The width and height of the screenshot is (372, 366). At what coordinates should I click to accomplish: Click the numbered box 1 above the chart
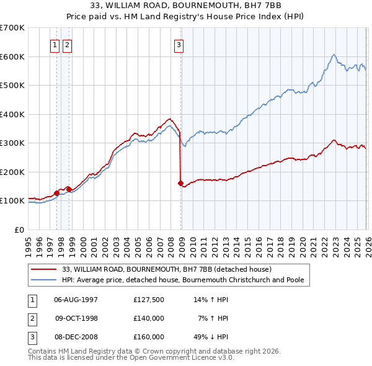[55, 44]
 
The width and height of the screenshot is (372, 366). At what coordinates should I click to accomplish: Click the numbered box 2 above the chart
[66, 44]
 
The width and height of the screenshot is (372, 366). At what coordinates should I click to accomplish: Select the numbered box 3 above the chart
[179, 44]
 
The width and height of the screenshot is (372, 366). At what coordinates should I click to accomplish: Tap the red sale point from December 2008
[180, 184]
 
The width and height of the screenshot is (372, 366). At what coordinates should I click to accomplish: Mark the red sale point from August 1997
[56, 193]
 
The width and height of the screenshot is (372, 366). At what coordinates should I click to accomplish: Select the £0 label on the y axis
[19, 230]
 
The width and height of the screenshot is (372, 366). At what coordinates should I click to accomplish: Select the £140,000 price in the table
[149, 318]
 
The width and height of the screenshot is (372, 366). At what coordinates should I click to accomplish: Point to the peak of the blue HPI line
[334, 55]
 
